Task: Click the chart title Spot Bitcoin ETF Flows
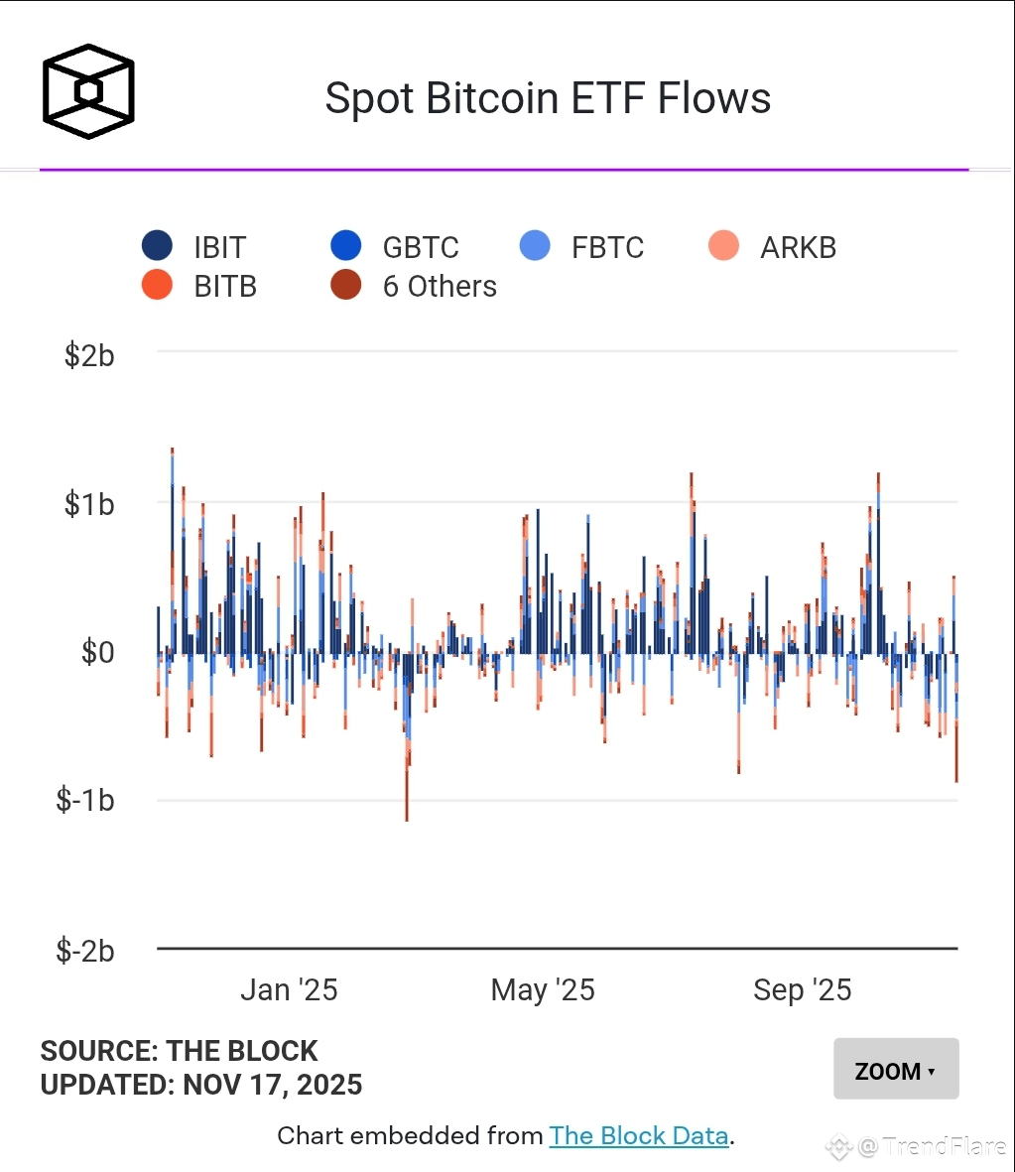click(548, 99)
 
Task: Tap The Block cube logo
click(88, 91)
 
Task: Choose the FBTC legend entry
click(583, 247)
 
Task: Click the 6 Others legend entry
click(415, 286)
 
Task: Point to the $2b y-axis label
click(89, 355)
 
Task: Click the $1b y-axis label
click(89, 504)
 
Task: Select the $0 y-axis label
click(97, 652)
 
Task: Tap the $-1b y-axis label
click(85, 801)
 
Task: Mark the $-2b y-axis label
click(85, 951)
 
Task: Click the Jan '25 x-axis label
click(289, 989)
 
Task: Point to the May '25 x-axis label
click(543, 989)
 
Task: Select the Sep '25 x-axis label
click(802, 989)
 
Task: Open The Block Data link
click(639, 1135)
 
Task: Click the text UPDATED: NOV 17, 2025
click(201, 1085)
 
